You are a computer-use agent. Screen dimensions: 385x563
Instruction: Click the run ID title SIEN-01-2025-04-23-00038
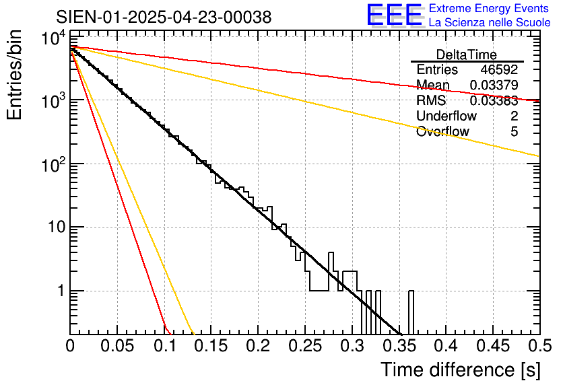tap(164, 17)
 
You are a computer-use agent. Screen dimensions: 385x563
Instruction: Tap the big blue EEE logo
tap(394, 15)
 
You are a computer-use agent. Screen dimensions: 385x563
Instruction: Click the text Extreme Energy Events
tap(490, 9)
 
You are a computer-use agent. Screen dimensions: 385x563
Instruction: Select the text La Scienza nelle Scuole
tap(490, 23)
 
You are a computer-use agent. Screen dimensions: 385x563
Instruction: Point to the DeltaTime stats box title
tap(467, 55)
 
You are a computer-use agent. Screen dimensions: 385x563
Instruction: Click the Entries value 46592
tap(499, 70)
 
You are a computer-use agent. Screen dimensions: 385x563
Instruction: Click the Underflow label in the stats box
tap(446, 116)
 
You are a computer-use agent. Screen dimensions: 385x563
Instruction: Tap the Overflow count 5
tap(514, 132)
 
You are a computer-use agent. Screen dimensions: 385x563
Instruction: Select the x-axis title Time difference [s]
tap(460, 370)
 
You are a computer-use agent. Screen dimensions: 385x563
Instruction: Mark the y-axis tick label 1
tap(59, 291)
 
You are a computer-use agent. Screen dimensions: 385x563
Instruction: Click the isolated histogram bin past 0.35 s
tap(411, 312)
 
